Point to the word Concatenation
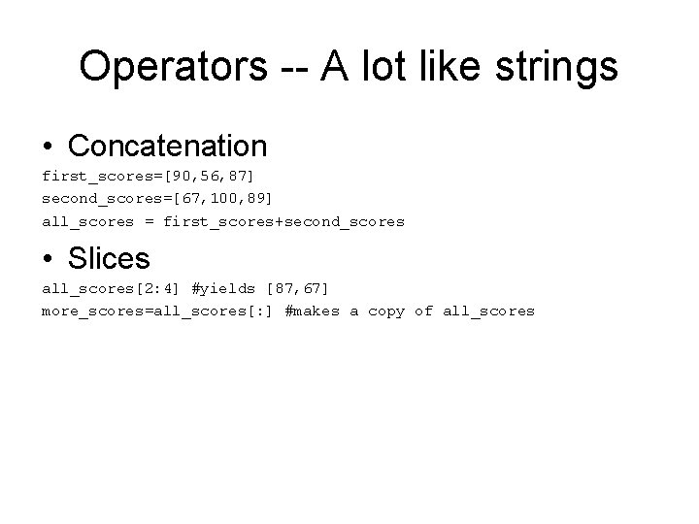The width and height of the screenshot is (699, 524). [x=168, y=146]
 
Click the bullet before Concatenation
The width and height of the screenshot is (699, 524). [x=48, y=147]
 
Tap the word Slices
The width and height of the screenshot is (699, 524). [x=110, y=258]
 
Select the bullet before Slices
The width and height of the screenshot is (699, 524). [x=48, y=259]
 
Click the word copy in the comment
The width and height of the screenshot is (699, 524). [x=386, y=311]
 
